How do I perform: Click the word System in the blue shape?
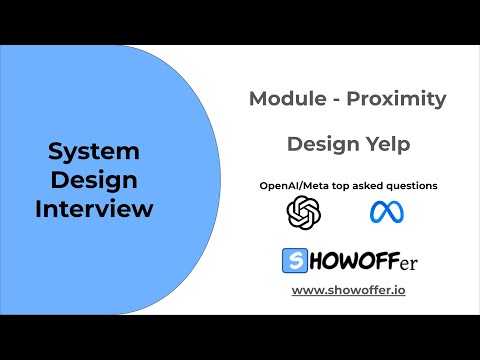tap(94, 152)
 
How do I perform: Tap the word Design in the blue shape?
tap(94, 181)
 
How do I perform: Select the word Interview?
tap(94, 210)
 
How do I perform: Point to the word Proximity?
tap(397, 99)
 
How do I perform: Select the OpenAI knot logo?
tap(301, 211)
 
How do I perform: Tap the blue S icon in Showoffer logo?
tap(295, 261)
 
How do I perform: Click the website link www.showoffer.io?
tap(347, 290)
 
